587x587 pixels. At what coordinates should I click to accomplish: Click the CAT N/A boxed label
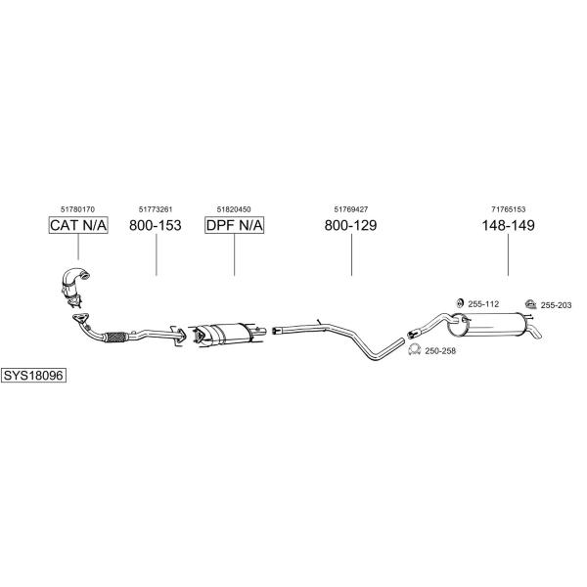tap(78, 225)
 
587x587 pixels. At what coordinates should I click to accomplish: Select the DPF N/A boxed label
tap(235, 225)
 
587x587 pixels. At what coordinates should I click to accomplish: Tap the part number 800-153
tap(156, 225)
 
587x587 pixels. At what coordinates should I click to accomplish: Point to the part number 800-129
tap(351, 225)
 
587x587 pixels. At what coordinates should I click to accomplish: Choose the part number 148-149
tap(508, 225)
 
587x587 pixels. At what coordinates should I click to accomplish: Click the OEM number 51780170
tap(78, 209)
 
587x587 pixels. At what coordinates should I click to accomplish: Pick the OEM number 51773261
tap(156, 209)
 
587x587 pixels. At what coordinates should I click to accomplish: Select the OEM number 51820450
tap(234, 209)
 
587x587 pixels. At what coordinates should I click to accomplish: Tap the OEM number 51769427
tap(351, 209)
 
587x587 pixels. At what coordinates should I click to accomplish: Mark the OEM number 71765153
tap(509, 209)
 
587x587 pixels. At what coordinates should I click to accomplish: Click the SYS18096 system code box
tap(33, 375)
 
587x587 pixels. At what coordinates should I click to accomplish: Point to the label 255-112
tap(483, 304)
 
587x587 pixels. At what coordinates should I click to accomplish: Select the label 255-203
tap(556, 305)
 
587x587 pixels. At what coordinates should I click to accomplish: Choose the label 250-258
tap(440, 351)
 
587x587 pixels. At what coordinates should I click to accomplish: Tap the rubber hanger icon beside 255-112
tap(460, 303)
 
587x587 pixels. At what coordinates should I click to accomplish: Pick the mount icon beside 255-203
tap(530, 303)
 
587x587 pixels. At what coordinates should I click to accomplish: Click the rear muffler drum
tap(486, 324)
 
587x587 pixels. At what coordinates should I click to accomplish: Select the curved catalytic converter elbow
tap(75, 281)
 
